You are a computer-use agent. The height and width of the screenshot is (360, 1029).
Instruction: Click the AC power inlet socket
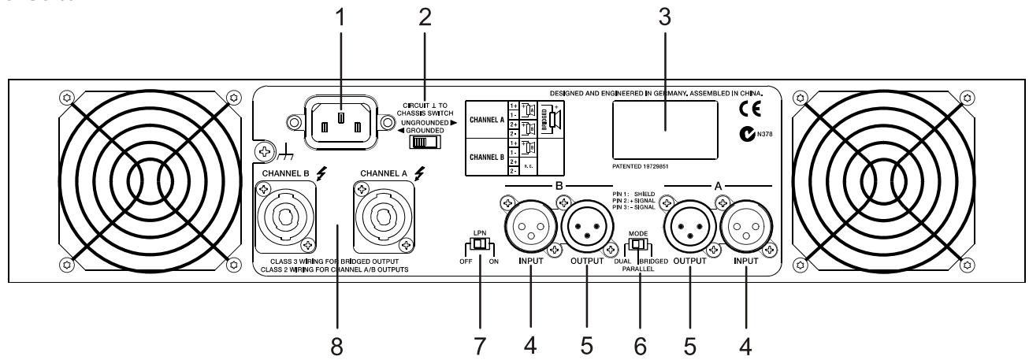click(x=340, y=124)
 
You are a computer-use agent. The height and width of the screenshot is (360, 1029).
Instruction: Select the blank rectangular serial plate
click(x=663, y=126)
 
